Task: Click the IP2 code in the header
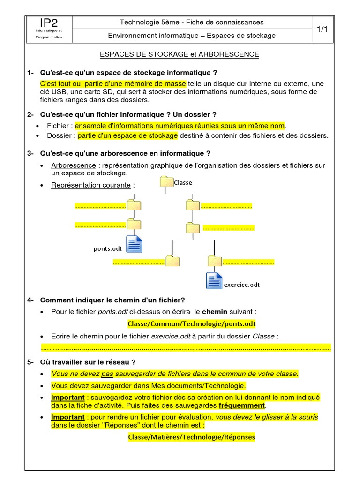coord(49,22)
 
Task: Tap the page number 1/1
coord(322,29)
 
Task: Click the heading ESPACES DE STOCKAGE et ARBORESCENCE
coord(180,54)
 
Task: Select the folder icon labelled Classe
coord(166,183)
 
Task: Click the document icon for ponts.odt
coord(135,243)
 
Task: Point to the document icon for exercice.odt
coord(214,280)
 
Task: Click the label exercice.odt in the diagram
coord(242,285)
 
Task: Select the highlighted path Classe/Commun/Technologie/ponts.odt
coord(192,324)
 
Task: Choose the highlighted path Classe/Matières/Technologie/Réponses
coord(192,437)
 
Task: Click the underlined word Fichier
coord(58,126)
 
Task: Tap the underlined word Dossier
coord(59,136)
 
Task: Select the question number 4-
coord(31,300)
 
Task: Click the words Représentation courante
coord(91,185)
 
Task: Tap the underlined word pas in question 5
coord(107,374)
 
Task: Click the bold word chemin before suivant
coord(214,312)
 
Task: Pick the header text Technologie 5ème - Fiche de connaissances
coord(192,22)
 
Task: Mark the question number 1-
coord(31,73)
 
